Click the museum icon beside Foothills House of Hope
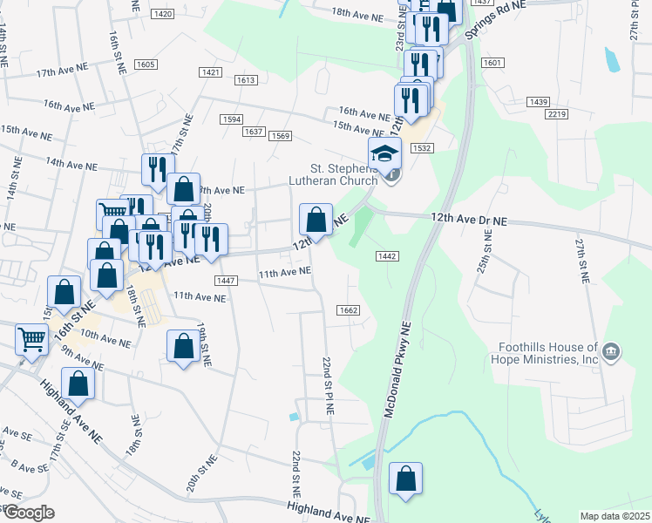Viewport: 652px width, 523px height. pyautogui.click(x=612, y=351)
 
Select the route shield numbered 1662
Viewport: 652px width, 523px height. pyautogui.click(x=348, y=310)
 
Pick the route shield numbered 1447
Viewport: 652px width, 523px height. pyautogui.click(x=226, y=280)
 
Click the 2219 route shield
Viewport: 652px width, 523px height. pyautogui.click(x=558, y=114)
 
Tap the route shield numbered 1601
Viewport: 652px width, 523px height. pyautogui.click(x=492, y=63)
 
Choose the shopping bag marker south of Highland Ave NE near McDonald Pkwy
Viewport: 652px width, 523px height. pyautogui.click(x=405, y=479)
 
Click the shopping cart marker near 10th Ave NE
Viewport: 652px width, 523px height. pyautogui.click(x=31, y=338)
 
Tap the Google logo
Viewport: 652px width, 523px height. pyautogui.click(x=28, y=513)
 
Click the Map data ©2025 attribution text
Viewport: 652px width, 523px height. pyautogui.click(x=615, y=516)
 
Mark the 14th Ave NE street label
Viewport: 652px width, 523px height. pyautogui.click(x=69, y=162)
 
